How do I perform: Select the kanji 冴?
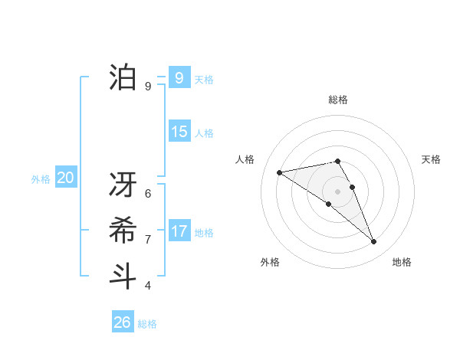[123, 185]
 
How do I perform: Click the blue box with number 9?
[179, 77]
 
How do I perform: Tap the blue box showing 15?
[179, 131]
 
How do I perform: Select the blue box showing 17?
[179, 231]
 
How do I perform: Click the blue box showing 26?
[122, 322]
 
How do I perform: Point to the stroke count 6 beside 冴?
[147, 193]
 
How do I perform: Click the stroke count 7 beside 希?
[147, 239]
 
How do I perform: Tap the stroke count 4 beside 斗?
[147, 285]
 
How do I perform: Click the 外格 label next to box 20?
[41, 179]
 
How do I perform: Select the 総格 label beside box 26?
[147, 324]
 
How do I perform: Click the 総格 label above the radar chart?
[337, 100]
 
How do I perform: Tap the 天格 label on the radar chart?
[431, 159]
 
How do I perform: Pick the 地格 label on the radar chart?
[402, 262]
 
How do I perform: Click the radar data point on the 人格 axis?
[279, 172]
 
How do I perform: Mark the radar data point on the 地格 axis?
[374, 242]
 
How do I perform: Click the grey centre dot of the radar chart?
[337, 191]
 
